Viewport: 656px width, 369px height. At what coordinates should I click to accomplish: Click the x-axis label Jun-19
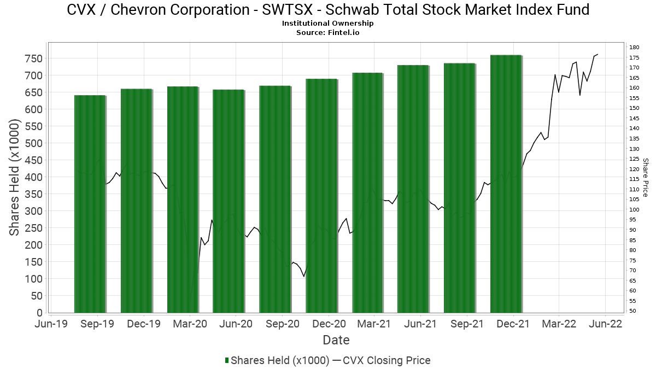click(x=51, y=324)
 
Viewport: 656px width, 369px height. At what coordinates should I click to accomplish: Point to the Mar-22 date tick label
click(x=559, y=324)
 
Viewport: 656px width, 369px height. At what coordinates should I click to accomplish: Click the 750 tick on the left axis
click(x=34, y=58)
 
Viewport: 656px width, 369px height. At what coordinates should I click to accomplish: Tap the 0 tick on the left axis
click(x=39, y=313)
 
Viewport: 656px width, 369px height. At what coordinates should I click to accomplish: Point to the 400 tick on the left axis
click(x=34, y=177)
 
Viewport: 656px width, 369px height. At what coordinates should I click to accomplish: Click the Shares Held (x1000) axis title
click(x=15, y=178)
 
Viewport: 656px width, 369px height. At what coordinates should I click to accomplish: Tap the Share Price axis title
click(x=645, y=178)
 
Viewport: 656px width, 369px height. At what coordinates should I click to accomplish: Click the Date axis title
click(x=336, y=340)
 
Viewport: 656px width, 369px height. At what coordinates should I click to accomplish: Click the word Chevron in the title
click(x=136, y=9)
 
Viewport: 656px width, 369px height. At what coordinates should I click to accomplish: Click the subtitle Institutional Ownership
click(x=327, y=24)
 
